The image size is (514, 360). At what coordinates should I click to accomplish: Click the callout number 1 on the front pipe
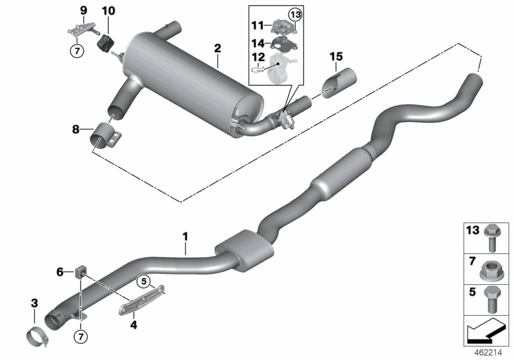click(185, 238)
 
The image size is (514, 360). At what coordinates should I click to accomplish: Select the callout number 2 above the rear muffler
click(218, 48)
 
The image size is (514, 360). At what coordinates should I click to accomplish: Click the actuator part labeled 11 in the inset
click(283, 28)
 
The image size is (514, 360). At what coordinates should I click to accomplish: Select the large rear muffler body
click(193, 77)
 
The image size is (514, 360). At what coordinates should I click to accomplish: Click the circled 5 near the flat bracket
click(144, 280)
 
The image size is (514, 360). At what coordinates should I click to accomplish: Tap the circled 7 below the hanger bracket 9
click(75, 50)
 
